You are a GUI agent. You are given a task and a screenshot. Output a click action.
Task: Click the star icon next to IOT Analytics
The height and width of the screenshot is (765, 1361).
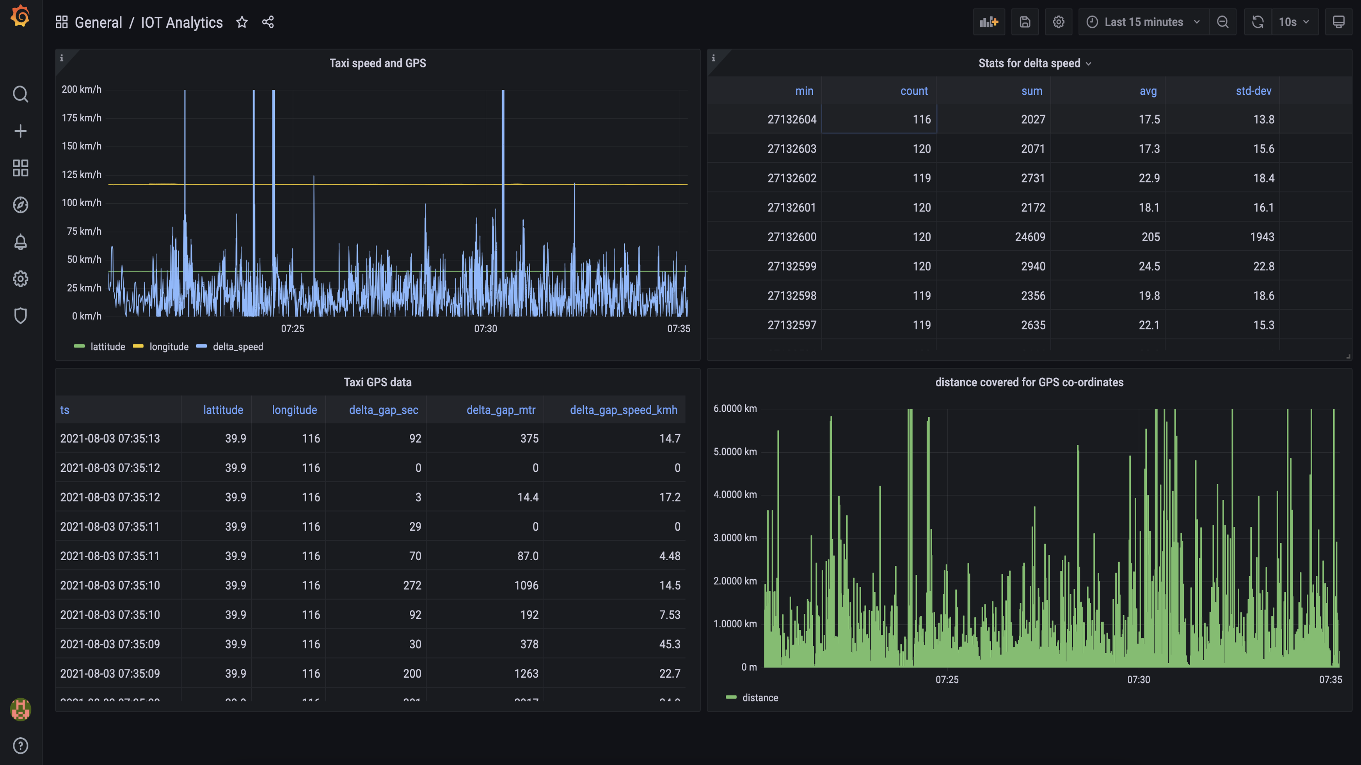click(242, 22)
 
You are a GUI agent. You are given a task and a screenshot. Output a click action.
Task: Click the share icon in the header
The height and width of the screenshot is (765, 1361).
click(268, 22)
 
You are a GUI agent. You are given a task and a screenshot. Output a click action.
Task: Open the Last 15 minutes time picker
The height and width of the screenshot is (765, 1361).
click(1143, 22)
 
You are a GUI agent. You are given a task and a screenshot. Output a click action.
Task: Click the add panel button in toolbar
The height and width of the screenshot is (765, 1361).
click(988, 22)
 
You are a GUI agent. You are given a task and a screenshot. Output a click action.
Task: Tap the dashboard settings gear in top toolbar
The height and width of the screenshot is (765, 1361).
click(1058, 22)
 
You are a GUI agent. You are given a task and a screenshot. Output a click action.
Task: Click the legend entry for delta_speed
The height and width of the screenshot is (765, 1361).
click(237, 347)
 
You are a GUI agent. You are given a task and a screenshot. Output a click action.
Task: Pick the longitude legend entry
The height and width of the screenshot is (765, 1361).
click(169, 347)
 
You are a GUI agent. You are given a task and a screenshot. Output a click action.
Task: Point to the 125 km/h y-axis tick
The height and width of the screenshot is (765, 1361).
click(82, 174)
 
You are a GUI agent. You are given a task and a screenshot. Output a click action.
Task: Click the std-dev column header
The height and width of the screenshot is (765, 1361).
click(1253, 91)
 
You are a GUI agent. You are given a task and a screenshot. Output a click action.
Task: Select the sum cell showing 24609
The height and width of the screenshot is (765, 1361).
click(1030, 237)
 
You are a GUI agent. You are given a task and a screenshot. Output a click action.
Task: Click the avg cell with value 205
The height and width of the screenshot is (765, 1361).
click(1150, 237)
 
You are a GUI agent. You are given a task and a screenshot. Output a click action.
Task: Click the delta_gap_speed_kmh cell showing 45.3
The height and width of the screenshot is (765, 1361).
click(670, 644)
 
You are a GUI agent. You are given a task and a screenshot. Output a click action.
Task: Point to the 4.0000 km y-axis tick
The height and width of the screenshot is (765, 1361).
click(735, 495)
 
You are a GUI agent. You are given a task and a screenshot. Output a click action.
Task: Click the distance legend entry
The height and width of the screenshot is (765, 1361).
click(759, 698)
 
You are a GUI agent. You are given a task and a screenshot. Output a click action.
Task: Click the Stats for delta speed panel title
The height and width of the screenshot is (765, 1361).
click(1029, 63)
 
